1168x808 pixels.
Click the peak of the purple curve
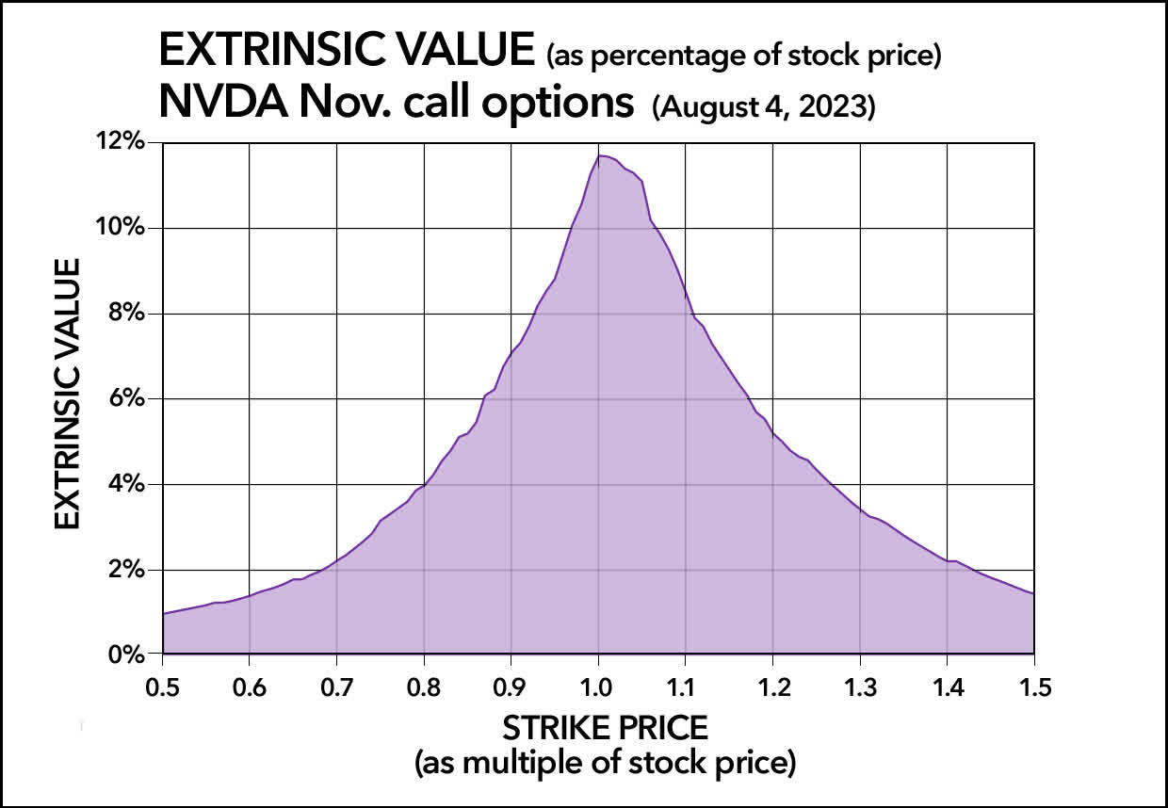click(600, 155)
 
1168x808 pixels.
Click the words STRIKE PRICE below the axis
click(606, 728)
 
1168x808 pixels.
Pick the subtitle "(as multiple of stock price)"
click(606, 762)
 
